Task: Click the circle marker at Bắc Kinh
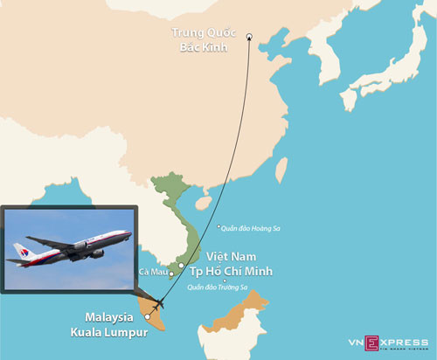[x=249, y=36]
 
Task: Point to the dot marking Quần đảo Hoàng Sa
[x=218, y=227]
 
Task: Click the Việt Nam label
[x=231, y=257]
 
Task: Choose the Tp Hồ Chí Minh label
[x=231, y=272]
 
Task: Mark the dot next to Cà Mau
[x=171, y=275]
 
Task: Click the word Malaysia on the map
[x=108, y=316]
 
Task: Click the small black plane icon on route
[x=158, y=303]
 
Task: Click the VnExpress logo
[x=393, y=342]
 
